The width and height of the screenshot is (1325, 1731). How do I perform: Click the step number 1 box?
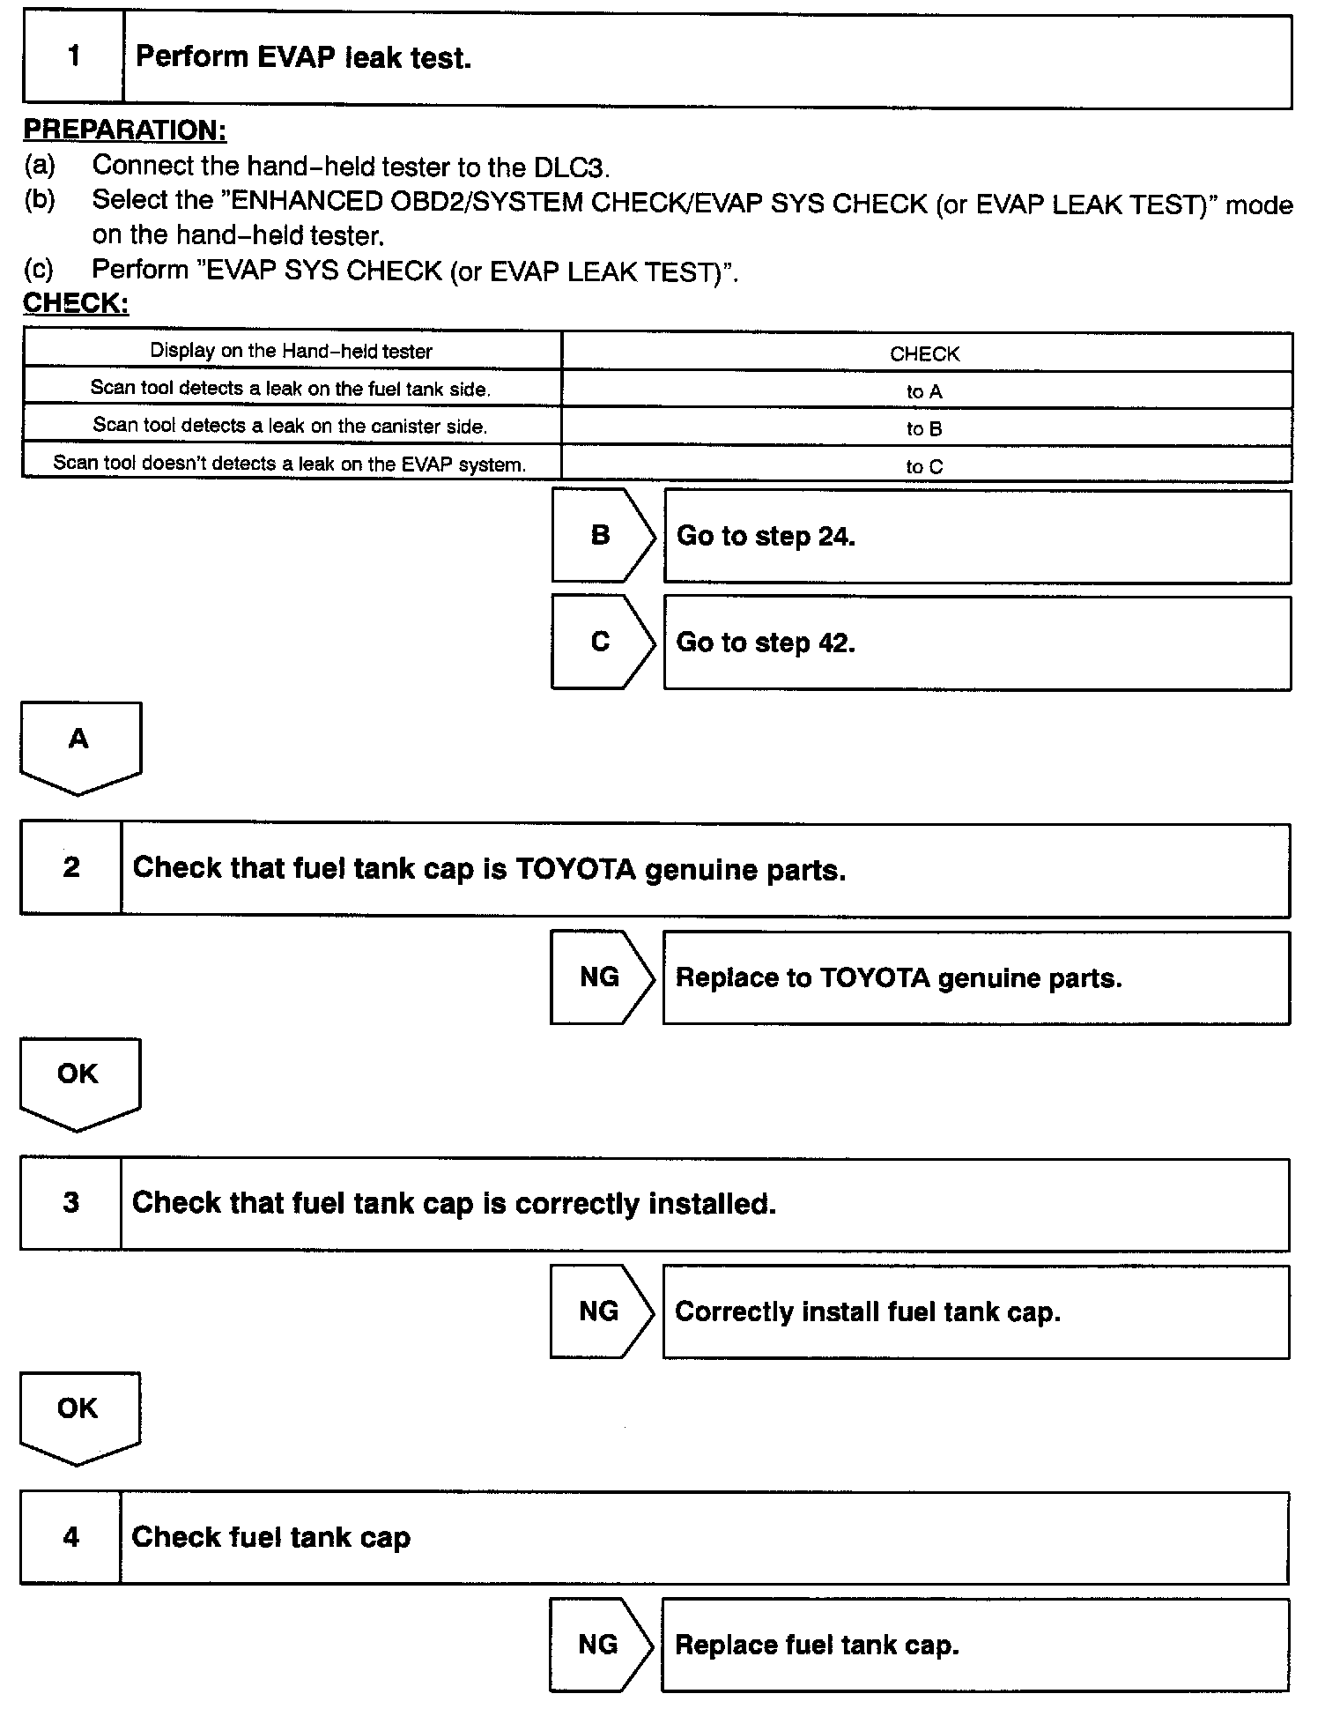click(x=73, y=57)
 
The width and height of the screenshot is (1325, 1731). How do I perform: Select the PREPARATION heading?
click(x=124, y=130)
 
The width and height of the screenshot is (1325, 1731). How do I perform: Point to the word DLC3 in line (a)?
click(x=571, y=167)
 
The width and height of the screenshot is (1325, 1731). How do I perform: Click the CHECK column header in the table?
click(x=924, y=353)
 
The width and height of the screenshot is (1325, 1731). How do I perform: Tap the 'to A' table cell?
click(x=924, y=391)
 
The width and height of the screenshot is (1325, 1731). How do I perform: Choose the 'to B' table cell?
click(x=924, y=429)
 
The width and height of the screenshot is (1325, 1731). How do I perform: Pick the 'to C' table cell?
click(x=924, y=466)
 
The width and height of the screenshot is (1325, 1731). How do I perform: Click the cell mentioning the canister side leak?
click(x=290, y=426)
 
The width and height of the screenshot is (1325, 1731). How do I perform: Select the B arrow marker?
click(x=602, y=535)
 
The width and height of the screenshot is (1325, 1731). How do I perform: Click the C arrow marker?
click(x=602, y=642)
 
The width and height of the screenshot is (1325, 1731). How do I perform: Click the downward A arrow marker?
click(x=79, y=745)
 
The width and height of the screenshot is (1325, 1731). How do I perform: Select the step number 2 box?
click(x=71, y=868)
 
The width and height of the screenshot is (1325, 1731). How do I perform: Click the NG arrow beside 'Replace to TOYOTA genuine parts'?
click(x=601, y=977)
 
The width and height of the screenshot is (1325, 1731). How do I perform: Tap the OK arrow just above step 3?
click(x=78, y=1081)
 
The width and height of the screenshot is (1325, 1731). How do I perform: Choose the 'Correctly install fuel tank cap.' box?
click(x=975, y=1311)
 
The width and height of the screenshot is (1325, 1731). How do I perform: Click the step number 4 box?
click(x=70, y=1538)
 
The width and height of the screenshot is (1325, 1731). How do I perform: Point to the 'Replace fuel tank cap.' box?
click(x=974, y=1645)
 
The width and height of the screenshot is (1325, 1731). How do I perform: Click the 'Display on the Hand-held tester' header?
click(x=291, y=351)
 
